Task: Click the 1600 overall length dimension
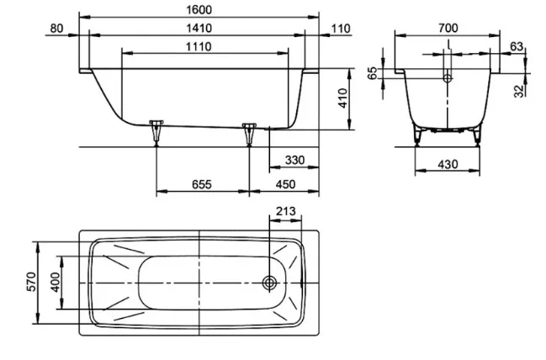[199, 9]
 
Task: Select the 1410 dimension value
[199, 28]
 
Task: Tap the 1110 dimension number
[199, 46]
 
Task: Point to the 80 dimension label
[56, 29]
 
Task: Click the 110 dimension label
[341, 29]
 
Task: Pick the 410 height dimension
[342, 98]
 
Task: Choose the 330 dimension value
[294, 160]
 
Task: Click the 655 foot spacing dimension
[202, 184]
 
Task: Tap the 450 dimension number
[285, 184]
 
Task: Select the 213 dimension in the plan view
[285, 211]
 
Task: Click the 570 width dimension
[31, 282]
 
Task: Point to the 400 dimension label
[55, 282]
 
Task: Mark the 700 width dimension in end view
[448, 28]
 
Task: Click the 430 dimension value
[448, 164]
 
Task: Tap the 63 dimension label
[517, 46]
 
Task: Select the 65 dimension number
[373, 73]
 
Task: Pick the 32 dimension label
[519, 91]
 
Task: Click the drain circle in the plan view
[269, 283]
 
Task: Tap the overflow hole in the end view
[448, 78]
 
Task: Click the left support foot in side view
[156, 131]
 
